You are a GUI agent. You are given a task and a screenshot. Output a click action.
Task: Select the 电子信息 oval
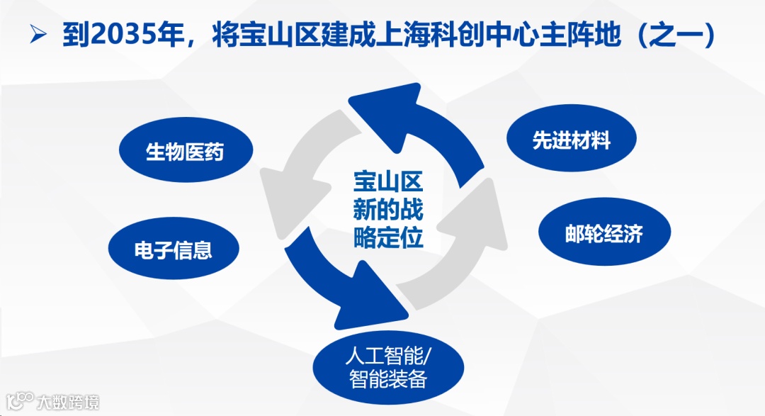(x=174, y=250)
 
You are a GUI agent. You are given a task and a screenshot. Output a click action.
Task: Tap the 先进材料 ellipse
(x=572, y=140)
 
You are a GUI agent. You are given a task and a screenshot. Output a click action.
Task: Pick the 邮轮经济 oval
(x=603, y=235)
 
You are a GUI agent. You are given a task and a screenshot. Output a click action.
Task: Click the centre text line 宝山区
(x=388, y=183)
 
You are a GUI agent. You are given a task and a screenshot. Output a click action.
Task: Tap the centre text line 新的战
(x=388, y=210)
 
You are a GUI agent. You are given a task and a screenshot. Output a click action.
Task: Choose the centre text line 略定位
(x=388, y=237)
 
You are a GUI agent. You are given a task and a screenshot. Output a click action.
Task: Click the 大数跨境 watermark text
(x=69, y=402)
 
